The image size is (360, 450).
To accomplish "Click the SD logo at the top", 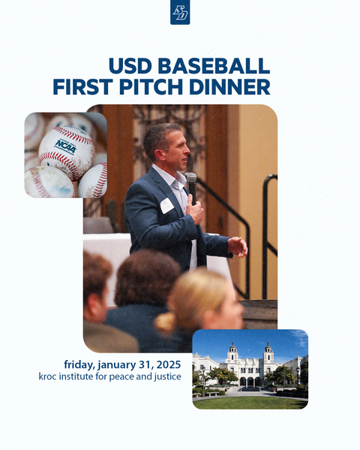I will [180, 12].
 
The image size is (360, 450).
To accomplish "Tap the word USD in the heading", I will [128, 65].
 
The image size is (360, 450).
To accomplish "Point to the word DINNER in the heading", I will [232, 87].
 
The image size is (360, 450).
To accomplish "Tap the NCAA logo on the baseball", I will [65, 145].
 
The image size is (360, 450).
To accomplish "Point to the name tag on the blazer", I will [166, 205].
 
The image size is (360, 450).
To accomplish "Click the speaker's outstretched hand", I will [238, 245].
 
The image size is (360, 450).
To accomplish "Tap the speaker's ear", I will [167, 146].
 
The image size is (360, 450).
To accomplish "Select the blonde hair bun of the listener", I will [165, 323].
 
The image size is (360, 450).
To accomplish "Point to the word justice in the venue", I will [166, 376].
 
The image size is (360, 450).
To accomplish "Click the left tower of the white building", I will [233, 351].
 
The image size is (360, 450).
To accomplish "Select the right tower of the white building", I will [268, 351].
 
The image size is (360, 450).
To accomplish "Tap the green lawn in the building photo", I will [247, 402].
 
